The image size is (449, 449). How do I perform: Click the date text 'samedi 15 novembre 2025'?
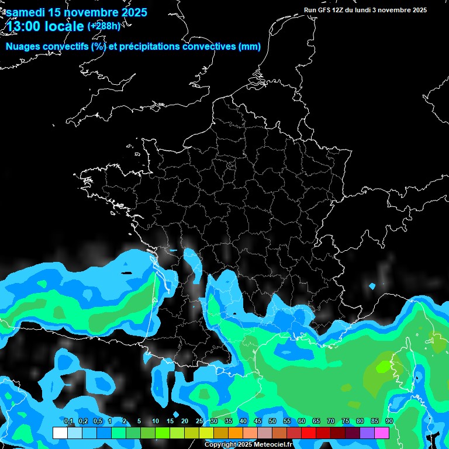tap(76, 12)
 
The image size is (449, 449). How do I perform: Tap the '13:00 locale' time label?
tap(44, 26)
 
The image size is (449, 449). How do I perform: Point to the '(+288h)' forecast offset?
tap(105, 26)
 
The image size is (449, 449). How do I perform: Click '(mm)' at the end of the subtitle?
tap(250, 47)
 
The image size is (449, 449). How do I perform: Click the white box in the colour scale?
tap(60, 433)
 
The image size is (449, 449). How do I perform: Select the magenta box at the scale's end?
tap(382, 433)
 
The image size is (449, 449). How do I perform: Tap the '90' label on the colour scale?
tap(389, 422)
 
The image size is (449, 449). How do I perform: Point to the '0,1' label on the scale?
tap(68, 422)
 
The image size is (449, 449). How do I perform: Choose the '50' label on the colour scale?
tap(272, 422)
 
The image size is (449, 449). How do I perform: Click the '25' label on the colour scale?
tap(199, 422)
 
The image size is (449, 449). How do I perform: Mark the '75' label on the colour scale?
tap(346, 422)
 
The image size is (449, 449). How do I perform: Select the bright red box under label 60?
tap(309, 433)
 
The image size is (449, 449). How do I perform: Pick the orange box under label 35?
tap(236, 433)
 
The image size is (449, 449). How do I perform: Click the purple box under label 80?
tap(367, 433)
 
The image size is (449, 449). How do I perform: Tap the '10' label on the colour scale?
tap(156, 422)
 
